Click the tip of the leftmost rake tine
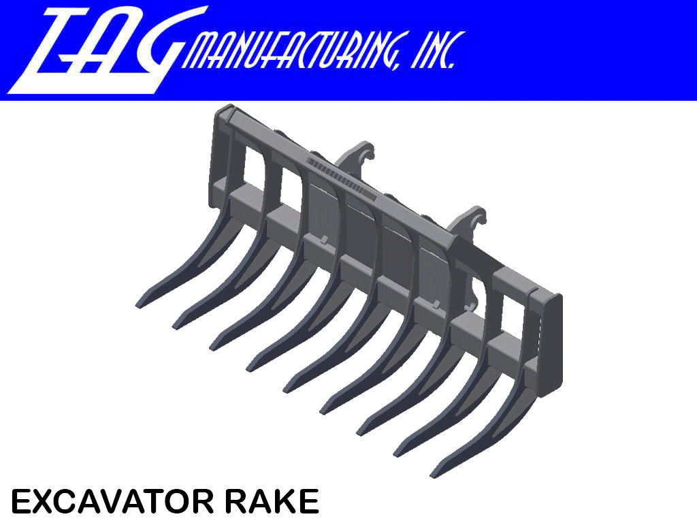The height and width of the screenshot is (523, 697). (x=140, y=303)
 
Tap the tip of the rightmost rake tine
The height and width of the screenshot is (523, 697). (x=434, y=473)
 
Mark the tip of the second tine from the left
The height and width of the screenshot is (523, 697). (x=178, y=323)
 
